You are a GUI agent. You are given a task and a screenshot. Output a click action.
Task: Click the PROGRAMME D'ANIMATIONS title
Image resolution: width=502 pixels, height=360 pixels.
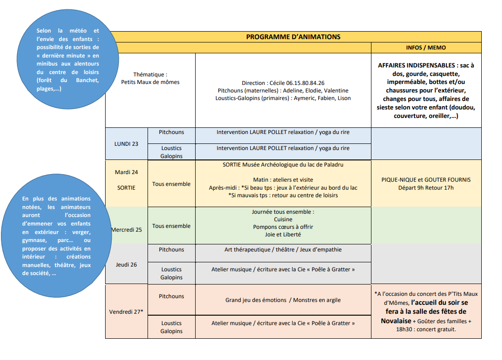(x=293, y=37)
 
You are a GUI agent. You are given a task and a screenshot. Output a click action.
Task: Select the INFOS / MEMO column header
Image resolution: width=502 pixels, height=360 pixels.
(x=426, y=48)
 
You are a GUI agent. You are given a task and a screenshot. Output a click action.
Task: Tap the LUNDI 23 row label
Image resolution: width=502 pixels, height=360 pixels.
(x=126, y=144)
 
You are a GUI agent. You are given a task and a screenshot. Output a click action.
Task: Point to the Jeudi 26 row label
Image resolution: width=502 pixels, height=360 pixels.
(x=126, y=265)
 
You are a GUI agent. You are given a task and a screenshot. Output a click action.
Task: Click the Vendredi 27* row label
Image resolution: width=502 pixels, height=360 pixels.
(x=126, y=311)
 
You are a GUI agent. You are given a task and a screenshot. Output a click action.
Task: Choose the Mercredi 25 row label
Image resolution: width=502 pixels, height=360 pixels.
(x=126, y=229)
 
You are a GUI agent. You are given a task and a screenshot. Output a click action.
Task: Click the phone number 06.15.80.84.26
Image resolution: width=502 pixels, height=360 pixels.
(x=305, y=83)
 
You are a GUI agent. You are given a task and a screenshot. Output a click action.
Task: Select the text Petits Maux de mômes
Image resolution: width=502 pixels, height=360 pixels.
(x=150, y=82)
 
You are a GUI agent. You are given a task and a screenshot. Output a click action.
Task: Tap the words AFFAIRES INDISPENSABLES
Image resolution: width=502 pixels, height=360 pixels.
(x=416, y=66)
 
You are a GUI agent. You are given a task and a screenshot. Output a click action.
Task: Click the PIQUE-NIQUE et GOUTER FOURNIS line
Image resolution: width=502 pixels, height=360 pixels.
(x=426, y=180)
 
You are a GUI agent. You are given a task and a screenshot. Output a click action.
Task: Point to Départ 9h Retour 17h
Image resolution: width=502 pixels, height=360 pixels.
(x=426, y=188)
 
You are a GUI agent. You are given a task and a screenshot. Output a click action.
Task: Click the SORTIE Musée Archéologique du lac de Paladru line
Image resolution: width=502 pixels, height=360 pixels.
(x=283, y=165)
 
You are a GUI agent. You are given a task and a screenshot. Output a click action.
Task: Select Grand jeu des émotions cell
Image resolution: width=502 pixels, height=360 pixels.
(x=256, y=300)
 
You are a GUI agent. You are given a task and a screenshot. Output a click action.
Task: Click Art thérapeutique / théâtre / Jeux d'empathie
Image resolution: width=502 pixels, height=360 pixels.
(x=283, y=250)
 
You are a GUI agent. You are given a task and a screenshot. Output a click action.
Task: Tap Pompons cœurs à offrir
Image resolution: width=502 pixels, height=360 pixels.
(x=283, y=227)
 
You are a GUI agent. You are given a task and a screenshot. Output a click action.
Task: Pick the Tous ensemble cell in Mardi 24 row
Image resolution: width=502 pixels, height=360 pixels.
(x=171, y=184)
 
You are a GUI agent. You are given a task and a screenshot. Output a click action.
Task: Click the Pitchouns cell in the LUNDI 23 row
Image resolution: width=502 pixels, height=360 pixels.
(x=171, y=132)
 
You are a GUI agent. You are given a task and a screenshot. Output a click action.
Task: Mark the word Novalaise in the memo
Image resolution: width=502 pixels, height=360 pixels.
(x=396, y=321)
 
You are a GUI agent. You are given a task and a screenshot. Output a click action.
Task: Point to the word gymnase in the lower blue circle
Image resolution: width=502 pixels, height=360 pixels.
(x=34, y=241)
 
